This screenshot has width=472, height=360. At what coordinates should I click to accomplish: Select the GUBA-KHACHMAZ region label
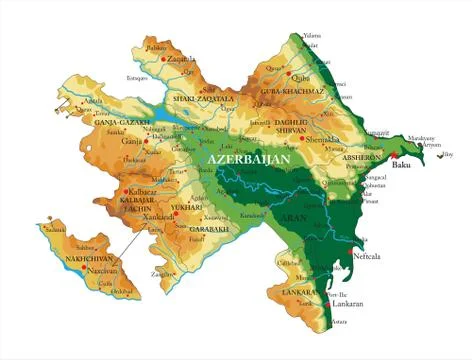(293, 91)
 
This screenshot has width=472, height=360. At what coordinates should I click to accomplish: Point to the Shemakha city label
(325, 140)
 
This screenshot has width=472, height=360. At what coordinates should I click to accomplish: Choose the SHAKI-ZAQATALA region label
(203, 99)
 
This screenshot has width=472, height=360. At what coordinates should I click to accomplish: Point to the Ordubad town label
(123, 291)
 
